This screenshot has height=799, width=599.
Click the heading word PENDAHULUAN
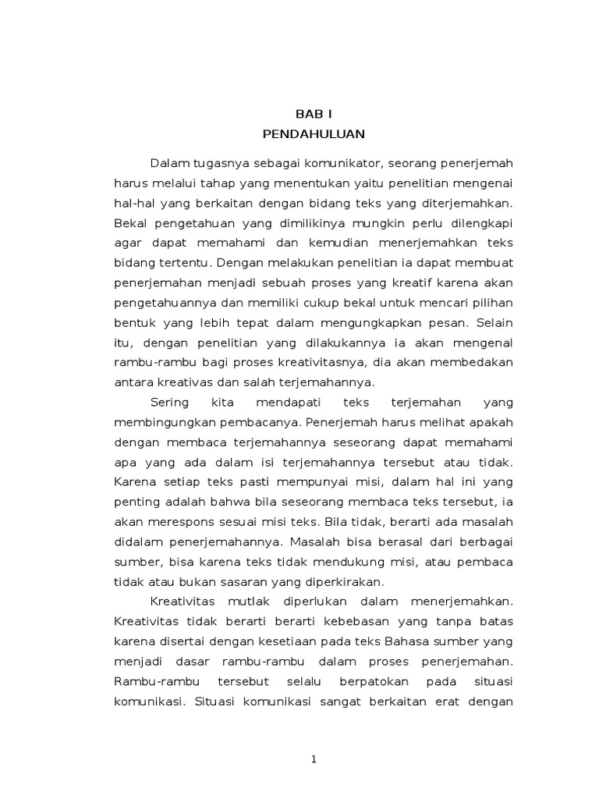[314, 133]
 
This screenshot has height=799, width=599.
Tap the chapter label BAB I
[314, 113]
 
